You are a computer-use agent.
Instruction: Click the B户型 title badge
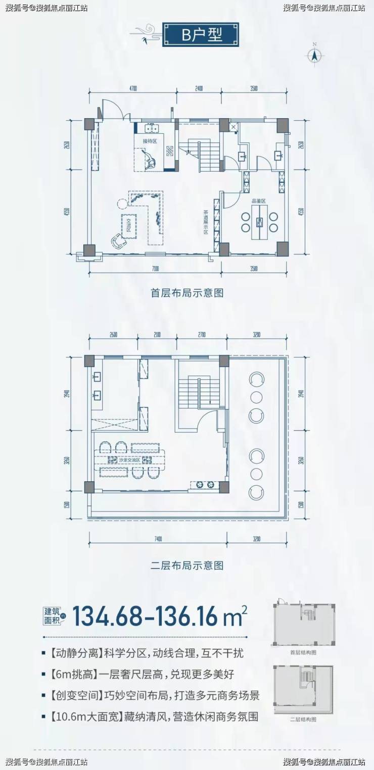tap(200, 34)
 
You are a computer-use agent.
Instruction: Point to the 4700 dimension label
tap(133, 88)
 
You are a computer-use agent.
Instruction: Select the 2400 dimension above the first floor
tap(199, 88)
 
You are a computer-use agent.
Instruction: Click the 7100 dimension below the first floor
tap(155, 269)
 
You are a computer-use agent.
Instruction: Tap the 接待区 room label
tap(150, 141)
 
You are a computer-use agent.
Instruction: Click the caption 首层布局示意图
tap(187, 292)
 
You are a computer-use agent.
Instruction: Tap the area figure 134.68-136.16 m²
tap(160, 617)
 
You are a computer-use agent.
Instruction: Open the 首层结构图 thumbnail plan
tap(303, 625)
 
